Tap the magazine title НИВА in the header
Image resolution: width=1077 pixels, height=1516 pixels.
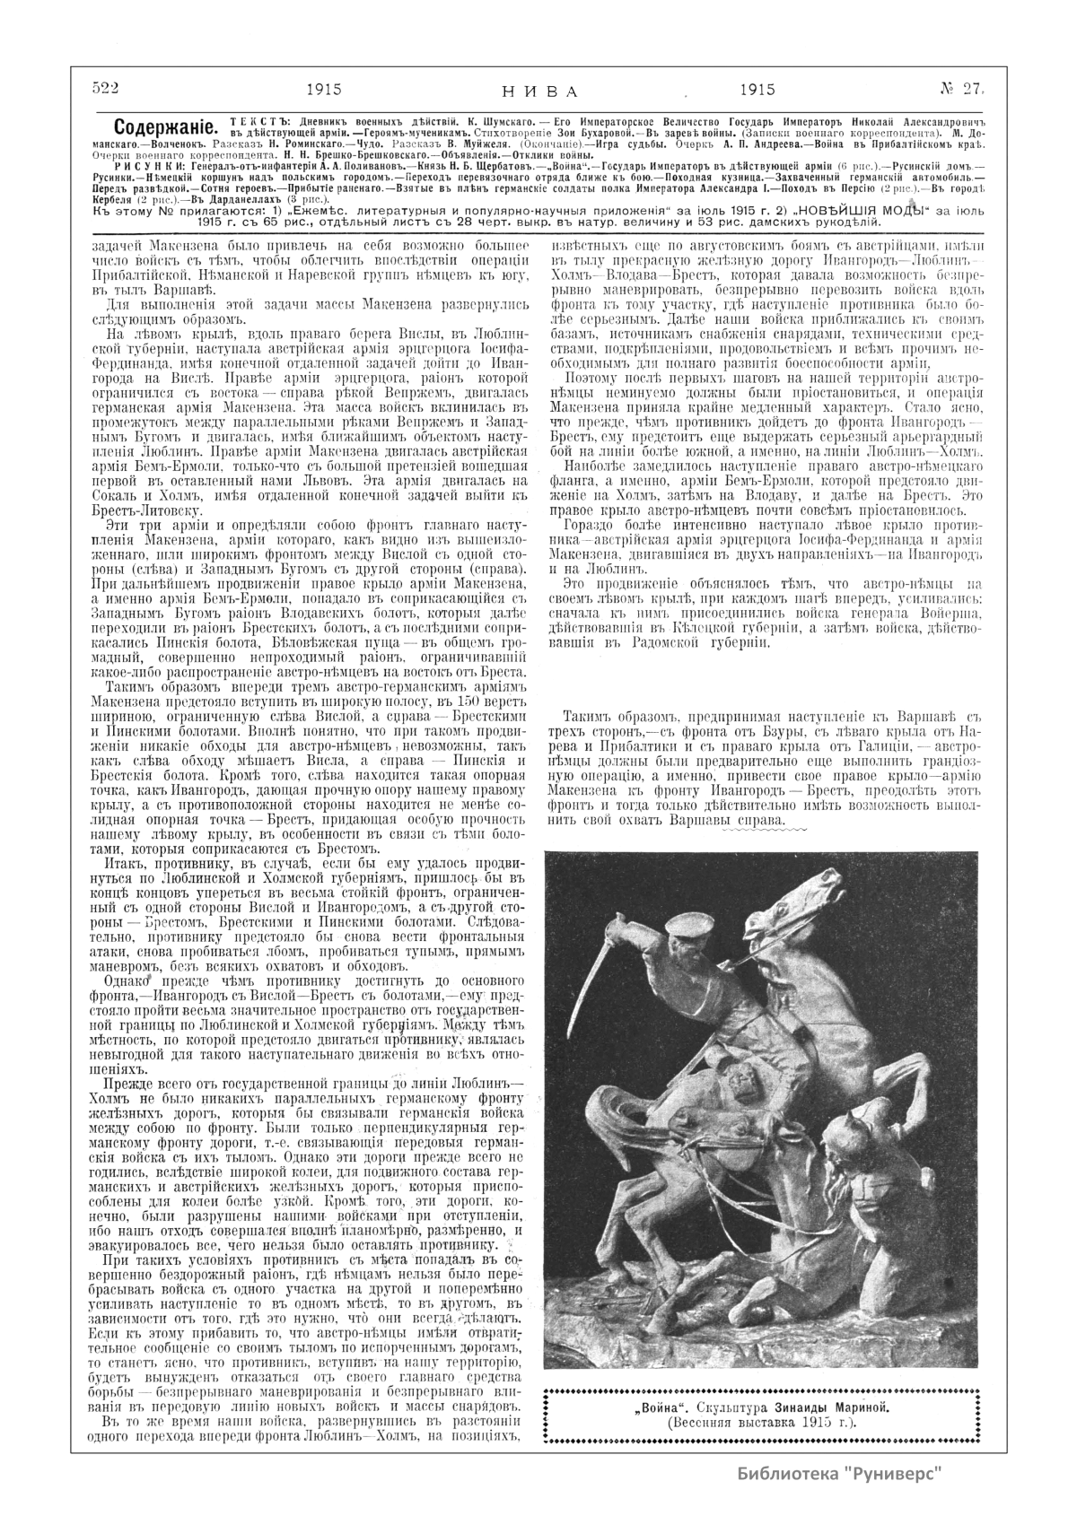pos(538,91)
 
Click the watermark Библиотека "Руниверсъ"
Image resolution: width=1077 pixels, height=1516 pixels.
pos(841,1474)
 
